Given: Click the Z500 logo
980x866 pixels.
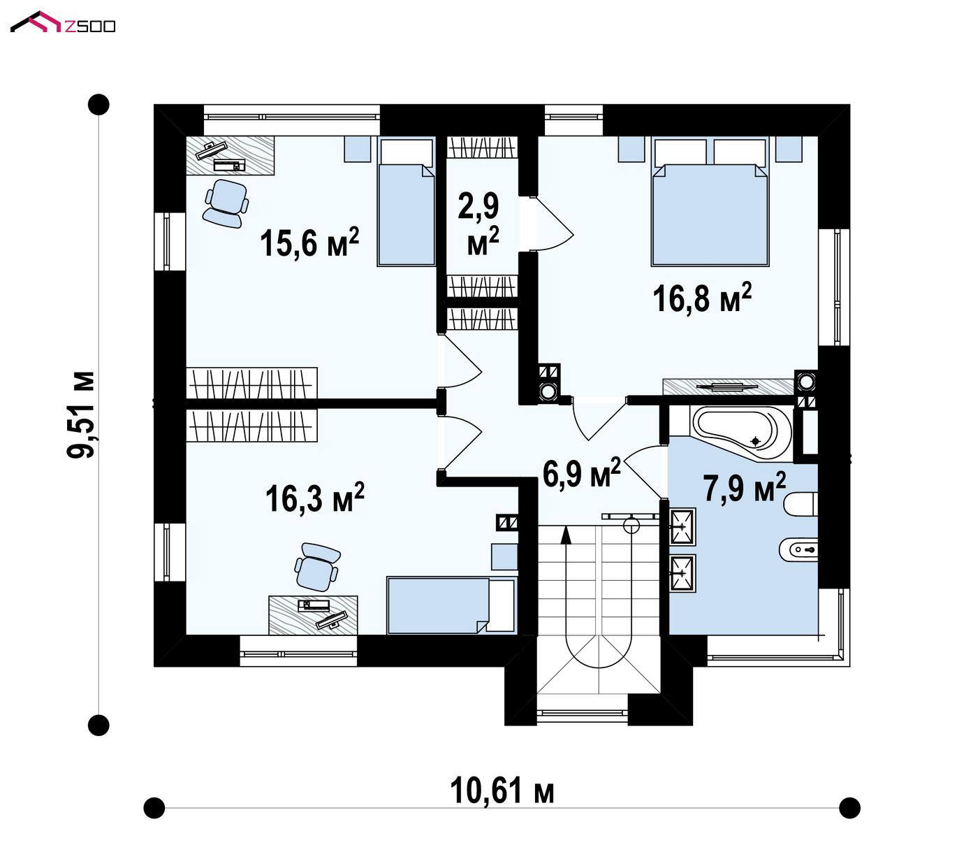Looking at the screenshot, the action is click(x=63, y=23).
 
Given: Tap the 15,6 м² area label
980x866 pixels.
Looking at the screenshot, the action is click(x=309, y=241).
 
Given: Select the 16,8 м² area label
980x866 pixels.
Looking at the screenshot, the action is click(x=702, y=297).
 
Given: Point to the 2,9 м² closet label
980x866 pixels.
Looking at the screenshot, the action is click(x=478, y=224).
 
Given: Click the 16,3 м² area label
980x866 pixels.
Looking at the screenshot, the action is click(x=315, y=497).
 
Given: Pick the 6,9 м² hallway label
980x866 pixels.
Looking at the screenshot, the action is click(x=581, y=473).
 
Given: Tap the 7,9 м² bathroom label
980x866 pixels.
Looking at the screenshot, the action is click(x=745, y=487).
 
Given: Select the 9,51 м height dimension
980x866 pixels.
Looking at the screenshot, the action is click(x=81, y=414).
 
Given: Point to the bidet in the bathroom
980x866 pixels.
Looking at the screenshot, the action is click(x=798, y=550).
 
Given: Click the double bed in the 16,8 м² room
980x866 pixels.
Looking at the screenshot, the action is click(x=710, y=201).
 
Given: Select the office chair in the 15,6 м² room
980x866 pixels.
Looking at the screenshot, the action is click(x=226, y=203).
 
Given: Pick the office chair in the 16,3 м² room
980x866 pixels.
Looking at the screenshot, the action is click(x=317, y=567).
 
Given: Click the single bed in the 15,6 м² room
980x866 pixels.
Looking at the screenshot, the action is click(x=406, y=201).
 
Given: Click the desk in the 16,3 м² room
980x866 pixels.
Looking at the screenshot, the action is click(x=313, y=615).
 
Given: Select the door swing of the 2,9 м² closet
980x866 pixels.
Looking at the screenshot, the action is click(x=551, y=224).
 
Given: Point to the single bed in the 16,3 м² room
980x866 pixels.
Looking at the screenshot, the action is click(x=452, y=605).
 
